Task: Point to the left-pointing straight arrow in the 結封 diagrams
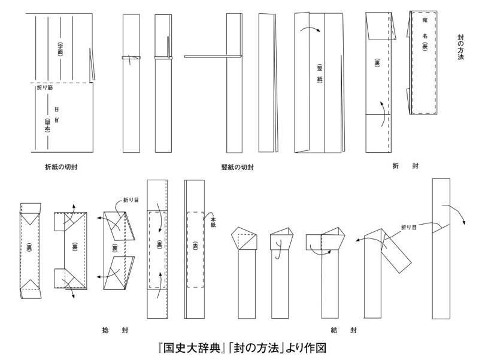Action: (x=358, y=240)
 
